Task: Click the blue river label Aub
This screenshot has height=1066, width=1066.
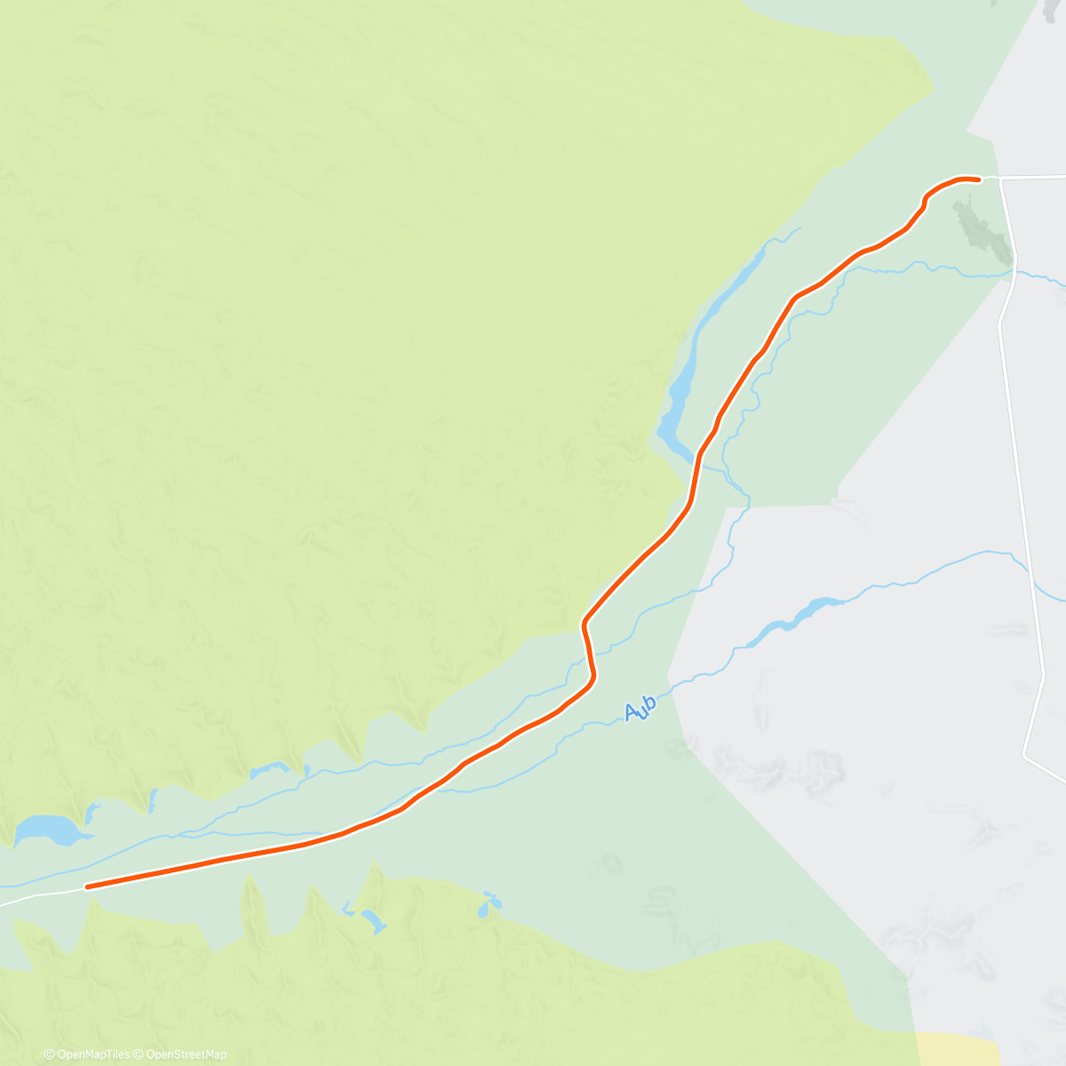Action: [640, 708]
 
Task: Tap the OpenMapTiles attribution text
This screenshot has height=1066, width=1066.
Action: [91, 1054]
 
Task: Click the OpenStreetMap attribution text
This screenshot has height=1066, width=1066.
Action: [186, 1054]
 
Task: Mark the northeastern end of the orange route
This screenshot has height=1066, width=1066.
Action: [978, 179]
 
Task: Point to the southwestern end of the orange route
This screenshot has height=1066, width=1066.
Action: [87, 886]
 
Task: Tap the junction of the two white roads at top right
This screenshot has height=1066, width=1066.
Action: [1001, 179]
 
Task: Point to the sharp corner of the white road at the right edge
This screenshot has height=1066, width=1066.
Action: [1025, 756]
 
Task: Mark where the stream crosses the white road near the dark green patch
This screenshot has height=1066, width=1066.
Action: [1014, 274]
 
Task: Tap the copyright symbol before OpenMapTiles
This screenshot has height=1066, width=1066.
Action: [50, 1054]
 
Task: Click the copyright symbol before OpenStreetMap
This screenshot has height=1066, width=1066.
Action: [139, 1054]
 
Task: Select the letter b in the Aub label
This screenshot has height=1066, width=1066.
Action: [649, 704]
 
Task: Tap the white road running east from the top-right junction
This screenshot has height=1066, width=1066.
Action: [1035, 178]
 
